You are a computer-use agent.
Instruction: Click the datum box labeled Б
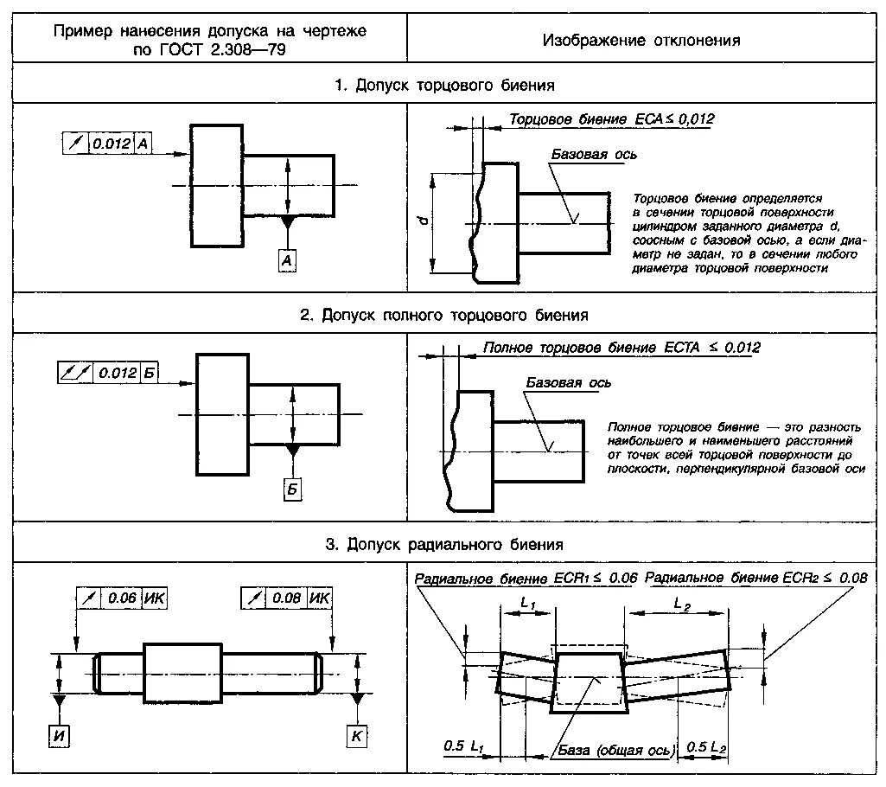pyautogui.click(x=292, y=489)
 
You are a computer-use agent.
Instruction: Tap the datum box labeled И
pyautogui.click(x=59, y=736)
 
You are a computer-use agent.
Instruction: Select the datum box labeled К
pyautogui.click(x=356, y=736)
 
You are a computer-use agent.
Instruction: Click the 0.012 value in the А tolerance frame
pyautogui.click(x=111, y=144)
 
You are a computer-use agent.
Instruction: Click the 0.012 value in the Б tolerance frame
pyautogui.click(x=118, y=373)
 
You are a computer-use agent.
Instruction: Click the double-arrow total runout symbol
pyautogui.click(x=73, y=373)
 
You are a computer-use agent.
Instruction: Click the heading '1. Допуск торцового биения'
pyautogui.click(x=444, y=86)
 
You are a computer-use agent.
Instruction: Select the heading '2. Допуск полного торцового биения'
pyautogui.click(x=444, y=315)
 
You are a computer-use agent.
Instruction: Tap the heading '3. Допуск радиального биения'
pyautogui.click(x=444, y=544)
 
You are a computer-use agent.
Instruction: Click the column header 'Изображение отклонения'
pyautogui.click(x=641, y=40)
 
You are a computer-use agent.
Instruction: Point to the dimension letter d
pyautogui.click(x=421, y=222)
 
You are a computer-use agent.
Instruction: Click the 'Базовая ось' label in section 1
pyautogui.click(x=595, y=154)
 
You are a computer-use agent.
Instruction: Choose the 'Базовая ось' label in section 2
pyautogui.click(x=568, y=382)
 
